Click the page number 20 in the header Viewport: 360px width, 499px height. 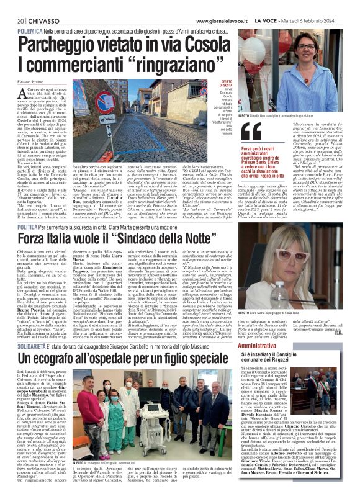pyautogui.click(x=12, y=21)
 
